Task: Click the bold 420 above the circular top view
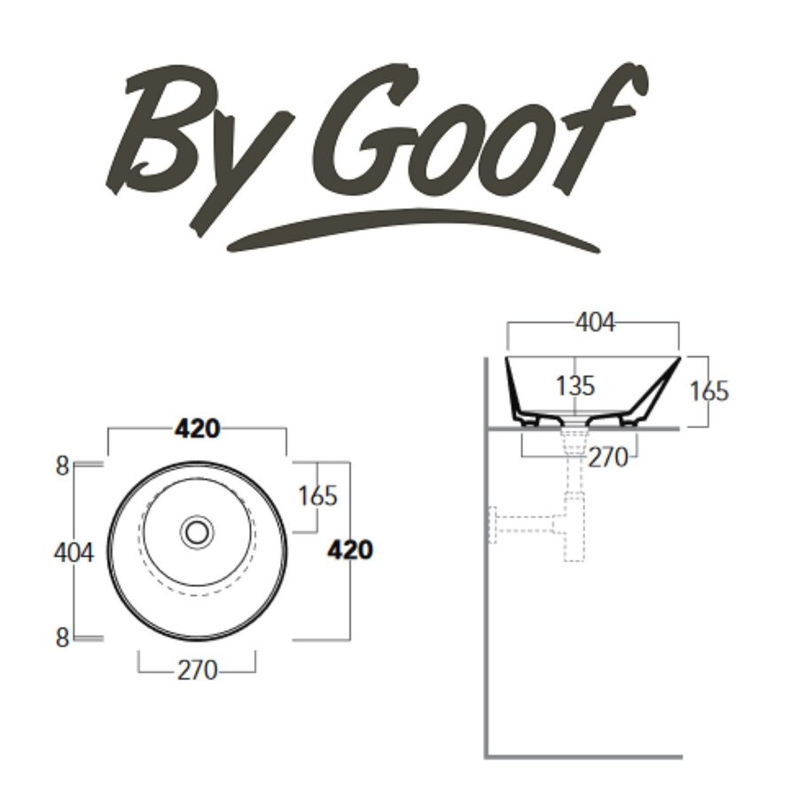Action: [x=197, y=429]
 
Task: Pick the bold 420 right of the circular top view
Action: [x=350, y=550]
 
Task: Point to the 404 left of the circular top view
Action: [x=74, y=552]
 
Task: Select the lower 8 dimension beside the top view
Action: [x=62, y=638]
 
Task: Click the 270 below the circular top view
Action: [x=197, y=671]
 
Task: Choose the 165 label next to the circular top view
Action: [x=317, y=497]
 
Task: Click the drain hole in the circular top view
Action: [x=197, y=532]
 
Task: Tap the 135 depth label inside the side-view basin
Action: [x=575, y=387]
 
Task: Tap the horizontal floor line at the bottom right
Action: [x=585, y=756]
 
